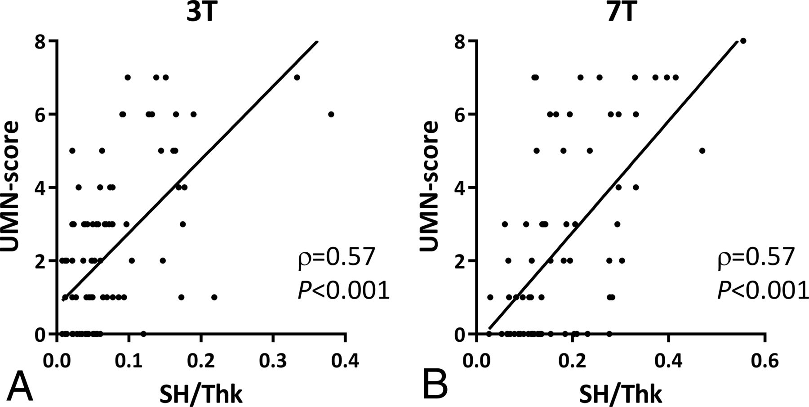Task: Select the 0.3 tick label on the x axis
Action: coord(273,361)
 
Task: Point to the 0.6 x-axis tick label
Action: coord(765,361)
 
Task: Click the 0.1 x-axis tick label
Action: coord(129,361)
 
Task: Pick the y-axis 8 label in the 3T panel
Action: coord(44,41)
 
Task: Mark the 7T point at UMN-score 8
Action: coord(743,41)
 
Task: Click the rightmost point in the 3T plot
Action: coord(331,114)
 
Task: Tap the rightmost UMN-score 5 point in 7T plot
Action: coord(702,151)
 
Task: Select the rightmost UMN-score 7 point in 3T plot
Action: coord(297,77)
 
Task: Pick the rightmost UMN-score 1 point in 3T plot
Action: coord(214,297)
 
